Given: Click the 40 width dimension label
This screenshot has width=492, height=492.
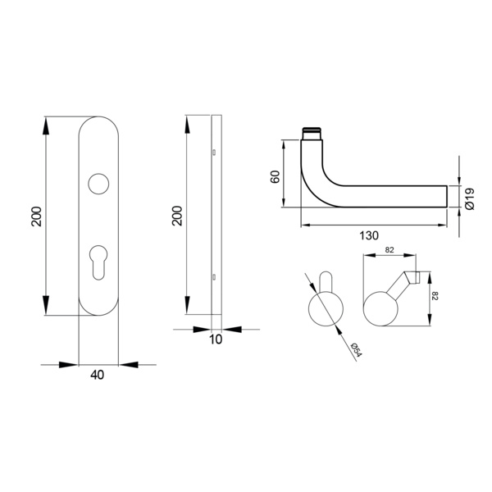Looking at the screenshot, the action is click(x=97, y=375).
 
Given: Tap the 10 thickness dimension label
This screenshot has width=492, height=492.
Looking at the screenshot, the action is click(x=216, y=339).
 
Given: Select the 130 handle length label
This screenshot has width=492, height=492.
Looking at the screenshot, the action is click(x=369, y=235).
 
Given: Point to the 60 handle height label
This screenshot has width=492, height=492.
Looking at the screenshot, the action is click(x=275, y=177).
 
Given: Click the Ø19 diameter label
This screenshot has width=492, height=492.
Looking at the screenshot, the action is click(x=470, y=199).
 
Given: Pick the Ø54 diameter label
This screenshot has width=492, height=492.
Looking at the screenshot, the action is click(x=357, y=349).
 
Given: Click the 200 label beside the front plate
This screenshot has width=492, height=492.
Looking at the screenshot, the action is click(x=37, y=216).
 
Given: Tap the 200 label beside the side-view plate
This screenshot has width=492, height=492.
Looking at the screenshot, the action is click(x=177, y=216).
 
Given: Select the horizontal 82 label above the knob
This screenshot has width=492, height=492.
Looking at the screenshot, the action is click(x=389, y=250).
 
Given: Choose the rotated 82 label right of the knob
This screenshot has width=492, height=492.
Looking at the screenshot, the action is click(x=435, y=296).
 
